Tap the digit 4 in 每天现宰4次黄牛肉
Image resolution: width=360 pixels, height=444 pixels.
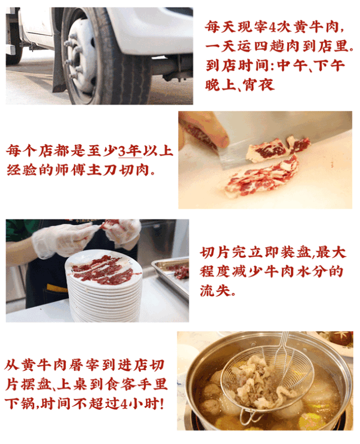tap(273, 27)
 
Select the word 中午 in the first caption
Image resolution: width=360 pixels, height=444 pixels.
tap(292, 66)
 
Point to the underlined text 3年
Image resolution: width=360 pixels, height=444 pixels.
tap(129, 150)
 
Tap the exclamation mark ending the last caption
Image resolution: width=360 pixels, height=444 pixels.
tap(162, 403)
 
